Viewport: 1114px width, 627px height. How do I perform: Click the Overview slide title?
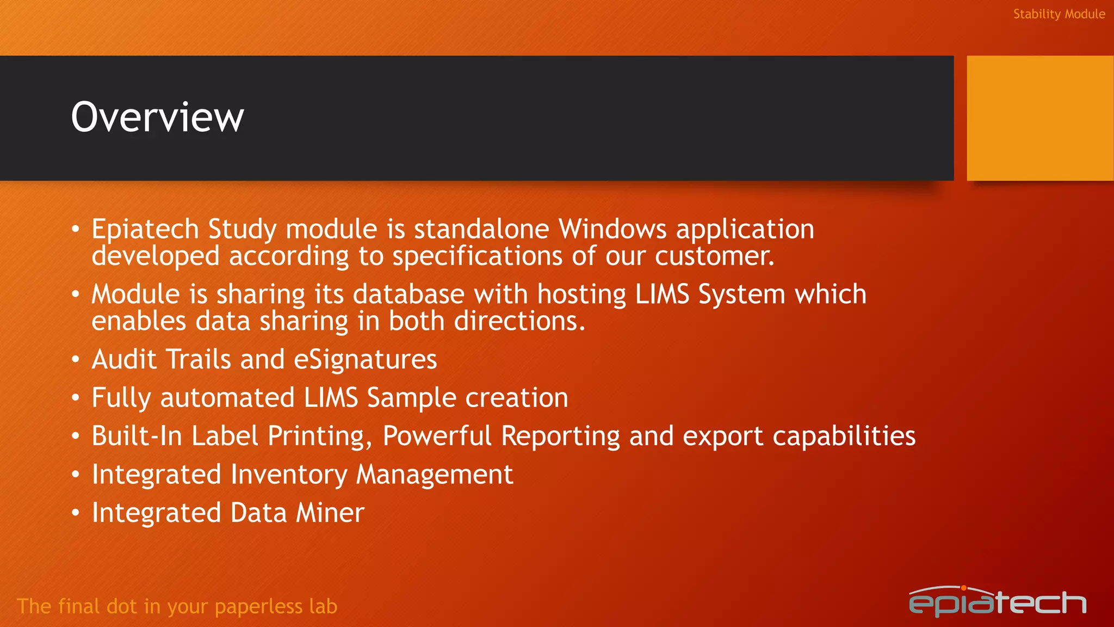(157, 117)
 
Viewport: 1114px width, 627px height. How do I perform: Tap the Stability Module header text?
(1059, 14)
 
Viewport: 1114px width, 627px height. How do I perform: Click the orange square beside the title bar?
(1039, 118)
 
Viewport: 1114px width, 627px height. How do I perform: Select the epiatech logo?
(997, 602)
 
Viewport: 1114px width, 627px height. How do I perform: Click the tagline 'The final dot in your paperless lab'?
(177, 606)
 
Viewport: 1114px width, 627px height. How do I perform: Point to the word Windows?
(612, 229)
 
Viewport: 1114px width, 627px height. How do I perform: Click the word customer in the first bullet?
(714, 256)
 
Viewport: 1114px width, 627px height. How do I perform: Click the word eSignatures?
(365, 360)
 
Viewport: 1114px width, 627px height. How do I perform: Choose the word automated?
(227, 398)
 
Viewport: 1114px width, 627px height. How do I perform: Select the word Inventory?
(288, 475)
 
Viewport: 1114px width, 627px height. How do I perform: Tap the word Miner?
(330, 513)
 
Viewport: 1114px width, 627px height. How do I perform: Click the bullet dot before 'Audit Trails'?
(76, 360)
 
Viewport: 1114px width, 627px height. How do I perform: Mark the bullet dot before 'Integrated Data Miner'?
(76, 513)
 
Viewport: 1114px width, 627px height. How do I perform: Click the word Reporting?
(560, 437)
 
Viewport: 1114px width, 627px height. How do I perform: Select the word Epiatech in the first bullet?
(145, 229)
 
